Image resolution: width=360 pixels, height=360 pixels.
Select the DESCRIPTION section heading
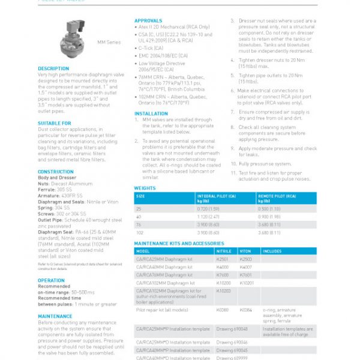53,68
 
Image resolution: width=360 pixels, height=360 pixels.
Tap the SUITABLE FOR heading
55,123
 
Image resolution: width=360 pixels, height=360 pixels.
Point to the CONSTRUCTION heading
56,172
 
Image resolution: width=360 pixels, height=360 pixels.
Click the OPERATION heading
52,280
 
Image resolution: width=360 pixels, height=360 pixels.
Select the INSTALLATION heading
151,113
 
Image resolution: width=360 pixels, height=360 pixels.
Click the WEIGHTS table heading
145,188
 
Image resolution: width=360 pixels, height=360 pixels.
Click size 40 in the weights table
139,217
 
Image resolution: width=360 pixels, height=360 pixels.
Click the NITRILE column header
223,251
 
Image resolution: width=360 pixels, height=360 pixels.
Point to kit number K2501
223,259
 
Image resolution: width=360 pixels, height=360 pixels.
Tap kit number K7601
246,275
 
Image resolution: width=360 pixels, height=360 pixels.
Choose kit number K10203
223,290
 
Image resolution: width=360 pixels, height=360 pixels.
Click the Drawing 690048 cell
232,329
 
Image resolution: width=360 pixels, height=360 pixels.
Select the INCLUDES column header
272,251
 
